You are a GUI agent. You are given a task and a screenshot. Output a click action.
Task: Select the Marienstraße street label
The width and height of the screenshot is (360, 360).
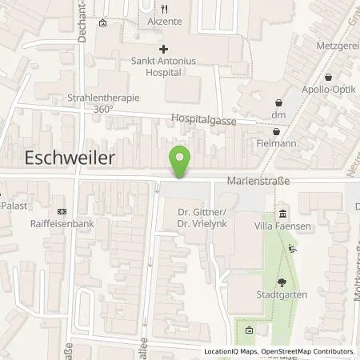click(257, 181)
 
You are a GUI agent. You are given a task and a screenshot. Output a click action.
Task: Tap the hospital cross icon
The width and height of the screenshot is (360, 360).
click(163, 49)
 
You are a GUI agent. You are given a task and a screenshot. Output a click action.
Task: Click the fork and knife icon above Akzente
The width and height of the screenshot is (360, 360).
click(163, 9)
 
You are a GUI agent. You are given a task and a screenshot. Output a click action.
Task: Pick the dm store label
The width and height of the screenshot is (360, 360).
click(278, 115)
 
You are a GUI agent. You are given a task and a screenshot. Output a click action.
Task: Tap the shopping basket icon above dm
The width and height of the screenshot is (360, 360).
click(278, 102)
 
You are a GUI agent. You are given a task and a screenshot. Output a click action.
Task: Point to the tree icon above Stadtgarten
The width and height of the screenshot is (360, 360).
click(282, 282)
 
